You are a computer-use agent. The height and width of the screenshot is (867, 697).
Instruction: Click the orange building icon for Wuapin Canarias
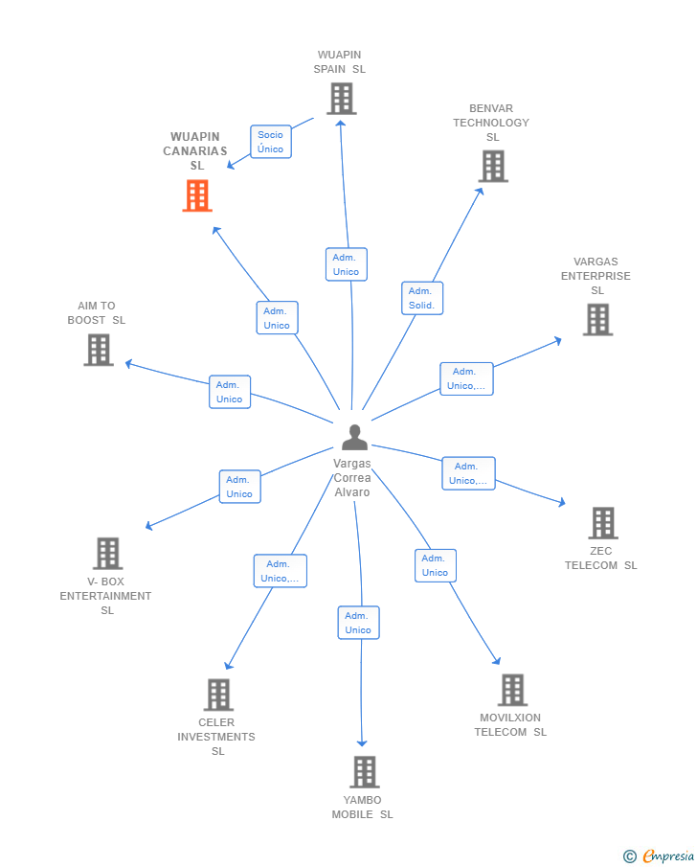[197, 195]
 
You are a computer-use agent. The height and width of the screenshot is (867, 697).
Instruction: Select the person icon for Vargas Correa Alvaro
[354, 438]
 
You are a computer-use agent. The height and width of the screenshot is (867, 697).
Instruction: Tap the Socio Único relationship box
[271, 142]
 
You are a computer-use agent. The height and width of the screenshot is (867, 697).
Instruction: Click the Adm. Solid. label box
[421, 298]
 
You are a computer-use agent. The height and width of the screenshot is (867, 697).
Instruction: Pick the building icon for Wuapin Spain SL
[342, 99]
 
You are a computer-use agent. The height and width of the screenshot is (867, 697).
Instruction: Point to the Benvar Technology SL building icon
[493, 166]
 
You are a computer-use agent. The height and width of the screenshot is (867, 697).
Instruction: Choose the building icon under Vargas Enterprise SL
[598, 320]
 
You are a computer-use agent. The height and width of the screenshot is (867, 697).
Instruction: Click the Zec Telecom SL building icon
[603, 523]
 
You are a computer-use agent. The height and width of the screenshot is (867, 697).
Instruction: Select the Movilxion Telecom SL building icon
[512, 690]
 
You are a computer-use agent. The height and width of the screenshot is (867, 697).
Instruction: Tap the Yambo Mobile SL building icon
[365, 772]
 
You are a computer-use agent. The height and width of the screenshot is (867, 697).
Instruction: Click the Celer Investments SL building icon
[218, 695]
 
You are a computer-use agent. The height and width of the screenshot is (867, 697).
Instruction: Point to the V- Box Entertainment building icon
[108, 554]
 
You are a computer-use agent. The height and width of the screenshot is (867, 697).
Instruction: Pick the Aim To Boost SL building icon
[99, 350]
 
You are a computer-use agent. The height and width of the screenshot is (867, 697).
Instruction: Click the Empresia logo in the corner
[659, 856]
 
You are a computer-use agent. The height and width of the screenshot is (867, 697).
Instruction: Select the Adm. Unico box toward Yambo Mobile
[359, 623]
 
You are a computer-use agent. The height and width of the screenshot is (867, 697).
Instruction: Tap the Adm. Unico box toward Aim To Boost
[230, 392]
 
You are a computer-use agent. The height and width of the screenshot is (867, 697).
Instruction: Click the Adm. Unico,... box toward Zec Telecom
[469, 473]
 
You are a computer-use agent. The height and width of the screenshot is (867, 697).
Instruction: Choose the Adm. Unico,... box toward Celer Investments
[281, 571]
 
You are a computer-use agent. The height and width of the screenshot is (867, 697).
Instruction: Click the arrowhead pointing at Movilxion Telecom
[497, 661]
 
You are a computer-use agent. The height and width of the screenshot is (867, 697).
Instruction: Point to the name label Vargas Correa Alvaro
[352, 478]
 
